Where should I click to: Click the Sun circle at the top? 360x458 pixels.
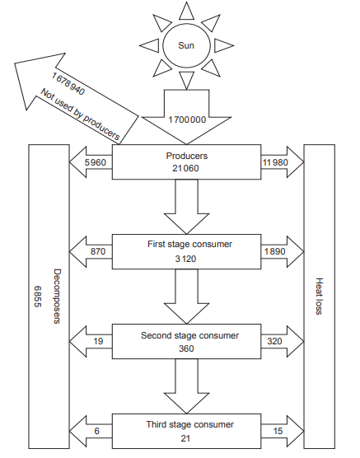(x=186, y=45)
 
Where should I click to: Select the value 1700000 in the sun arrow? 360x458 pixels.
(x=186, y=119)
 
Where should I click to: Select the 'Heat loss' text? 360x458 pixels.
(x=319, y=297)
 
